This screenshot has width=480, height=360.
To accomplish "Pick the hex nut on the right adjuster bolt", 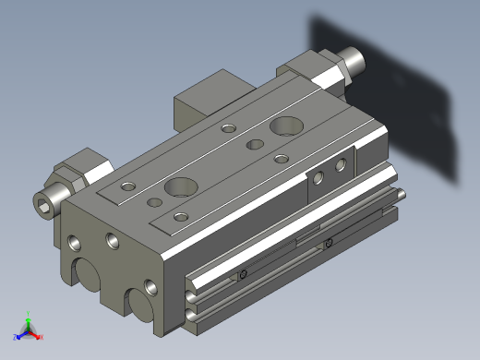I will click(x=318, y=67).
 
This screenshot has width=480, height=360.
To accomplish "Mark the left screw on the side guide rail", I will click(x=243, y=274).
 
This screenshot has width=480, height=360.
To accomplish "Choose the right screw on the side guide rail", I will click(x=329, y=243).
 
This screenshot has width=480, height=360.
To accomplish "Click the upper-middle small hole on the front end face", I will click(x=112, y=242).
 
